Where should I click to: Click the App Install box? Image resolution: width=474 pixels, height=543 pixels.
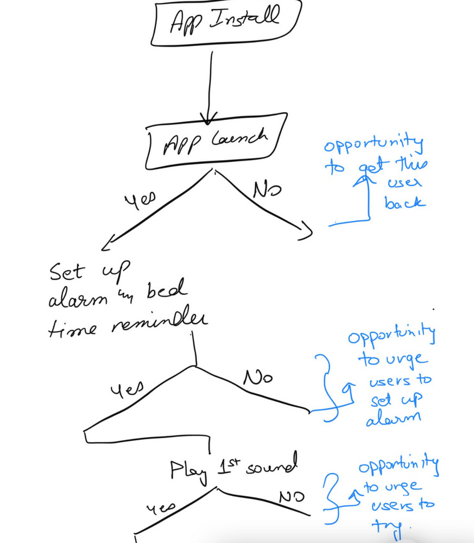pos(225,23)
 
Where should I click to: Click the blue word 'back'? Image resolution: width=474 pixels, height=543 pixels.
pos(405,203)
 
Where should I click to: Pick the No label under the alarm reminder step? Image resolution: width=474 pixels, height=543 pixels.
pos(258,378)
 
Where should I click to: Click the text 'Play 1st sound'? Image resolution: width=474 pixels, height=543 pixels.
pos(234,469)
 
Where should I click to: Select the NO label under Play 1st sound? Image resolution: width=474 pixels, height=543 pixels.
pos(292,496)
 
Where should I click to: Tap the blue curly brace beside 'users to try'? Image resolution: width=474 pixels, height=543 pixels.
pos(332,495)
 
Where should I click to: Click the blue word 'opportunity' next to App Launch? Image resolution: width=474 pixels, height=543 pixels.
pos(374,146)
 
